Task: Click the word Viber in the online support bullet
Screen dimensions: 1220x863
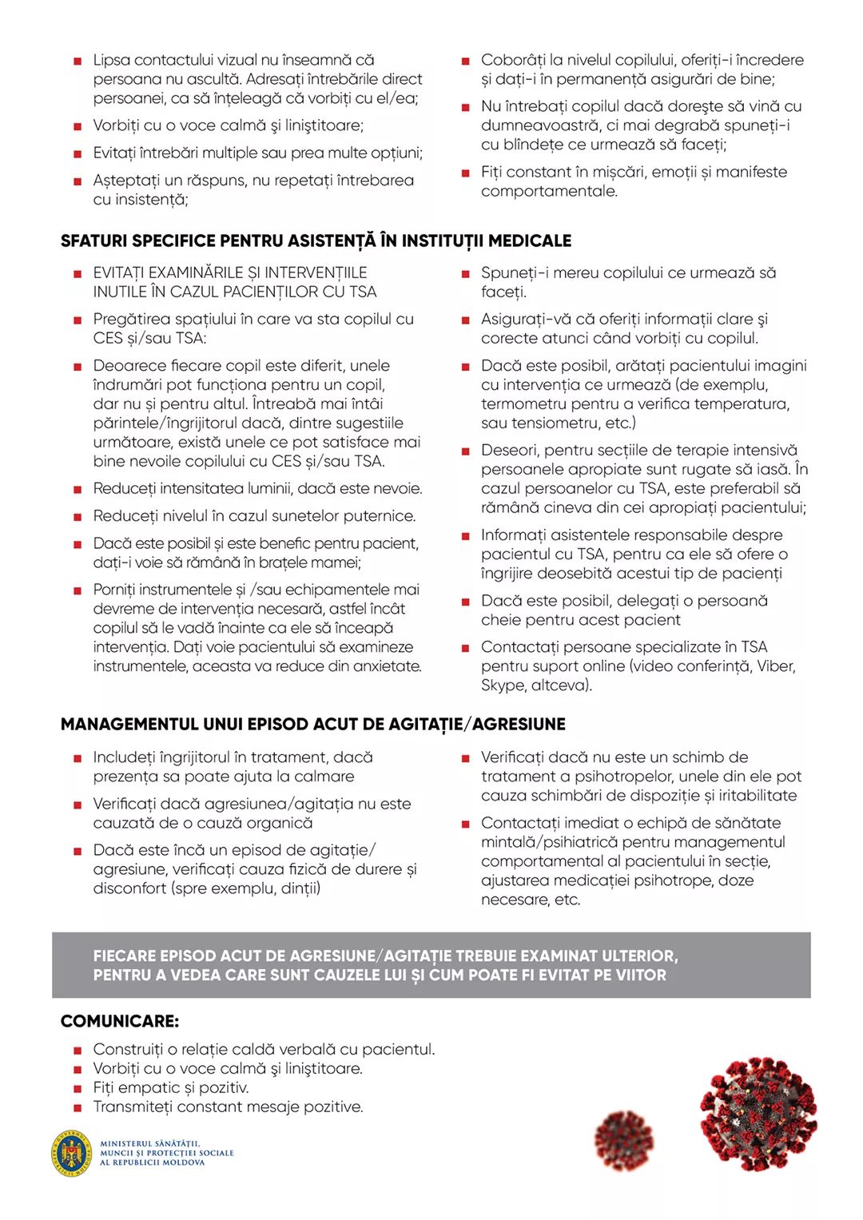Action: coord(775,666)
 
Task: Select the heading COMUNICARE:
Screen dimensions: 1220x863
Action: coord(120,1021)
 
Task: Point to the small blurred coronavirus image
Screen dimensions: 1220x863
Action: coord(623,1140)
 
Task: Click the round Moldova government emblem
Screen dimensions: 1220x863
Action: coord(72,1153)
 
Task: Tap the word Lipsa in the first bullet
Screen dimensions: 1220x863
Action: coord(112,60)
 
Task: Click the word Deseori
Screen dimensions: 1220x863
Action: coord(510,450)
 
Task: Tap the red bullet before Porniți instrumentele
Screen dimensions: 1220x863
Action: coord(78,590)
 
